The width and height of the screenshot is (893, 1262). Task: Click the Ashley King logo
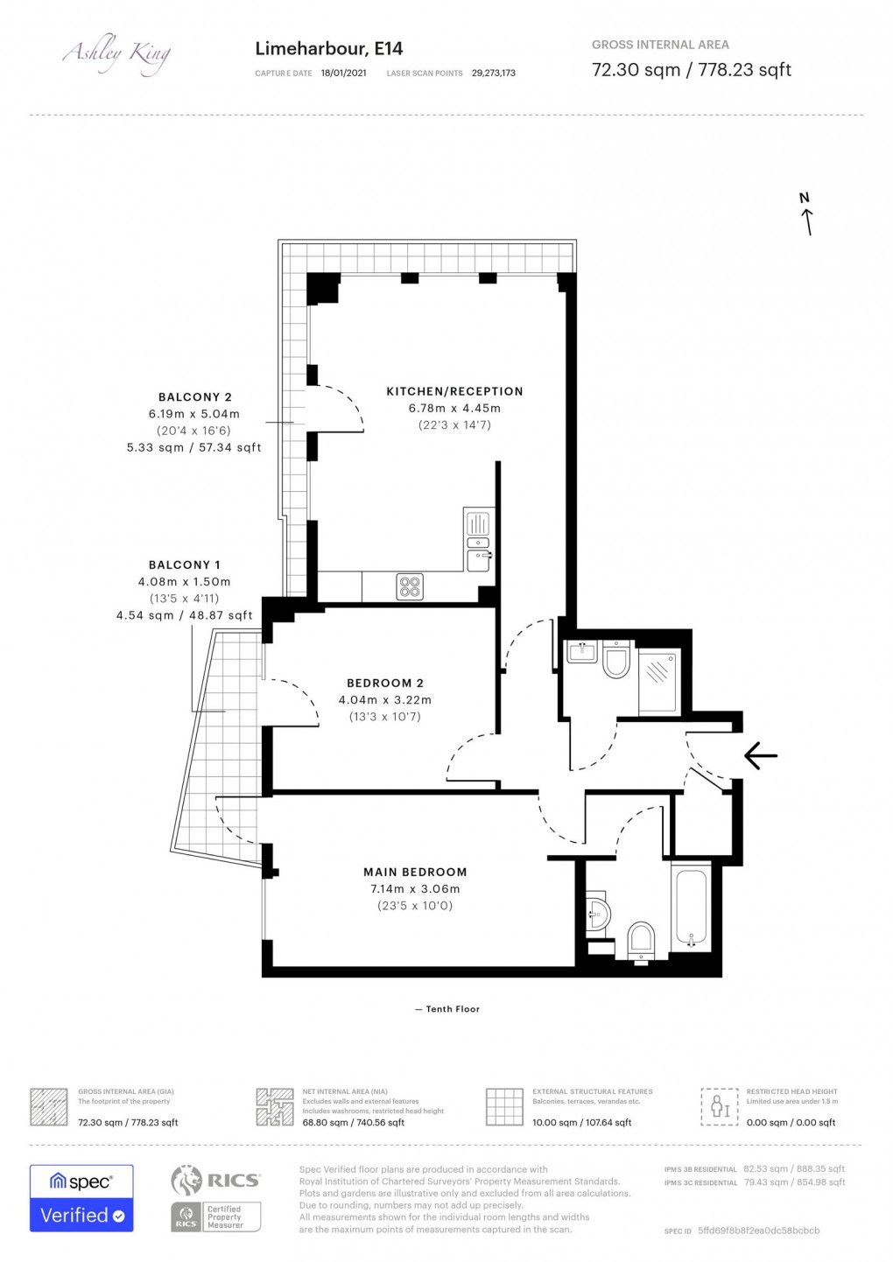click(116, 55)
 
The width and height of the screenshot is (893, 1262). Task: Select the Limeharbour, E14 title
click(328, 49)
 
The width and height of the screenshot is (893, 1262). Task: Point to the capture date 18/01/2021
click(343, 74)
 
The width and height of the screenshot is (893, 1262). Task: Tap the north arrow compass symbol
click(806, 214)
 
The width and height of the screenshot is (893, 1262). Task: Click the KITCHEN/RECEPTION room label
click(454, 391)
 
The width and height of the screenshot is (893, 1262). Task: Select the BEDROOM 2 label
click(384, 683)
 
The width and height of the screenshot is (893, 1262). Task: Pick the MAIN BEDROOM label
click(415, 872)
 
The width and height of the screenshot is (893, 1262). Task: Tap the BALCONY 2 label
click(194, 396)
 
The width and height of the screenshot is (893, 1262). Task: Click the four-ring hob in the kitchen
click(410, 586)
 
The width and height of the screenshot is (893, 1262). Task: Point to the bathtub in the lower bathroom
click(691, 909)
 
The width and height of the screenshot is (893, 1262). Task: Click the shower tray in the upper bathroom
click(657, 682)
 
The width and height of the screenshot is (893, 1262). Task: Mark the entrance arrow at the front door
click(760, 754)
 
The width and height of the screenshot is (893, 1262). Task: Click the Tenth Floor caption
click(447, 1009)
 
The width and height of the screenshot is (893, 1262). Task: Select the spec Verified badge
click(81, 1198)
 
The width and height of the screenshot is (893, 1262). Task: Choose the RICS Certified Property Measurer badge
click(215, 1198)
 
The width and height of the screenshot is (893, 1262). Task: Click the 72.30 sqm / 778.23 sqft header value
click(691, 70)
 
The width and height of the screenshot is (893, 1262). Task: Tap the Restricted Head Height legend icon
click(720, 1107)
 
